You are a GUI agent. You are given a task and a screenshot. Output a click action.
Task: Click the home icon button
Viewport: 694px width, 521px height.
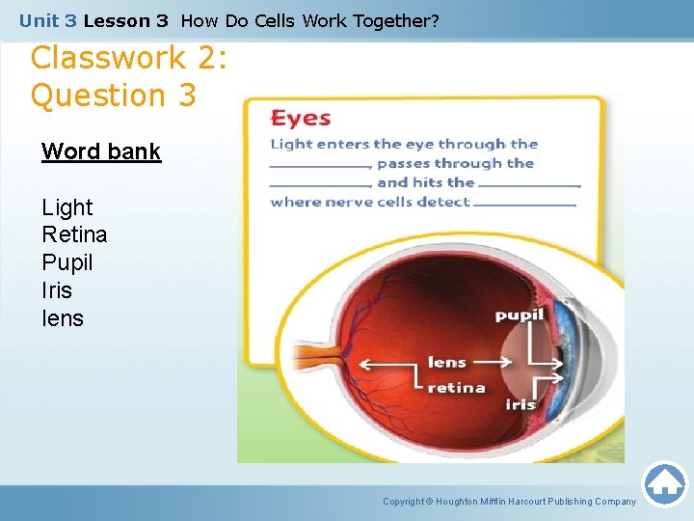[664, 484]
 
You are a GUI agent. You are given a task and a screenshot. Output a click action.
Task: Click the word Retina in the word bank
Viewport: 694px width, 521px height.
[74, 234]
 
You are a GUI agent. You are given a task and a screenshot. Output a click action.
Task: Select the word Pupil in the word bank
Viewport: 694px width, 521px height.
[67, 262]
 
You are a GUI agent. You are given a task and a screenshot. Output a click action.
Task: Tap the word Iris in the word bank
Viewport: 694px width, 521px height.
[57, 290]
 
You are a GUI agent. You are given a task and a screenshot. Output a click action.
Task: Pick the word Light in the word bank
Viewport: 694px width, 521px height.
[67, 207]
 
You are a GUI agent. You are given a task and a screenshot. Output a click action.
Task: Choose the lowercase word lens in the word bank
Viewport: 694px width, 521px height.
[63, 318]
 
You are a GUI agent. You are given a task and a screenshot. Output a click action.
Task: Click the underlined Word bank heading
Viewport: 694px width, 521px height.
[100, 152]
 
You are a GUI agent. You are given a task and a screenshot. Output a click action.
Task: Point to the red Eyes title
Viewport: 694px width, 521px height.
[301, 119]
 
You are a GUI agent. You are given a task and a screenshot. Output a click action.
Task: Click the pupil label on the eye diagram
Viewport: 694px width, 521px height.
[519, 315]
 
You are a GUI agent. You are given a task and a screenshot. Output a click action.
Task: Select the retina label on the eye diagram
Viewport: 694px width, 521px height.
[456, 387]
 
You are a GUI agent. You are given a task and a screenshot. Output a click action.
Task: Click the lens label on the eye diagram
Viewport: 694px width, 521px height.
[447, 363]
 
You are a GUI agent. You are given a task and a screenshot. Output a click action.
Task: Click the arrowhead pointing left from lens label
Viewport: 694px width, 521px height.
[363, 364]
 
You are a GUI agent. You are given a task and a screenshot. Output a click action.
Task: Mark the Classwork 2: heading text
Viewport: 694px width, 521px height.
[128, 58]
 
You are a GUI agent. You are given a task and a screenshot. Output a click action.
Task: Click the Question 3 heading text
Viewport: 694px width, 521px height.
[113, 96]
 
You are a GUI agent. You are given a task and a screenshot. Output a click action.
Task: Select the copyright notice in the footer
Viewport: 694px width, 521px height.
[509, 502]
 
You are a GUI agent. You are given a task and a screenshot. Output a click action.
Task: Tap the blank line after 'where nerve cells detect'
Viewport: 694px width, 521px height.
[524, 205]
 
